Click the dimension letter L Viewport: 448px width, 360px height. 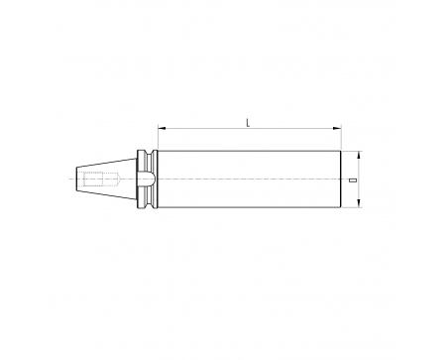coord(248,123)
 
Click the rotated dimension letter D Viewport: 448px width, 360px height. coord(353,180)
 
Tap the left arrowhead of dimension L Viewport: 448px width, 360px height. coord(162,128)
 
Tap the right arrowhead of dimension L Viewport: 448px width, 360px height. coord(337,128)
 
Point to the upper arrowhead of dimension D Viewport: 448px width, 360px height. coord(359,155)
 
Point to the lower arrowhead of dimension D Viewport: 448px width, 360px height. coord(359,203)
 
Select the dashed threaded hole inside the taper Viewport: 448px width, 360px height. coord(101,179)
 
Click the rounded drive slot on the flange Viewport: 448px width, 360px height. coord(146,179)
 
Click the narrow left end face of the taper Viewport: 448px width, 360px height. coord(77,179)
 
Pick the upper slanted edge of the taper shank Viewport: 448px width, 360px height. coord(107,163)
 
